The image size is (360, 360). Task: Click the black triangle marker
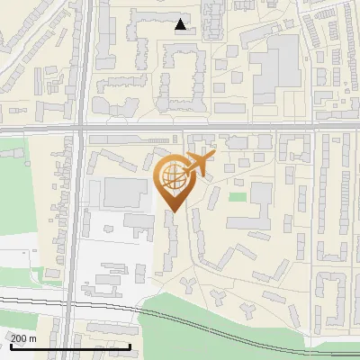[182, 24]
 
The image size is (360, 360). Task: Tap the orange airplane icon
[197, 164]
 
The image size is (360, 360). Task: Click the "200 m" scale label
[23, 337]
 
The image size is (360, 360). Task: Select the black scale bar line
[70, 346]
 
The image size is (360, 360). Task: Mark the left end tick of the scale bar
[11, 346]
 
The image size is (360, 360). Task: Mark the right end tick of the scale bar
[130, 346]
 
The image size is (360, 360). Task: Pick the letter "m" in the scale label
[32, 337]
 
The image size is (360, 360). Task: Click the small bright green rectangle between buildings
[238, 197]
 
